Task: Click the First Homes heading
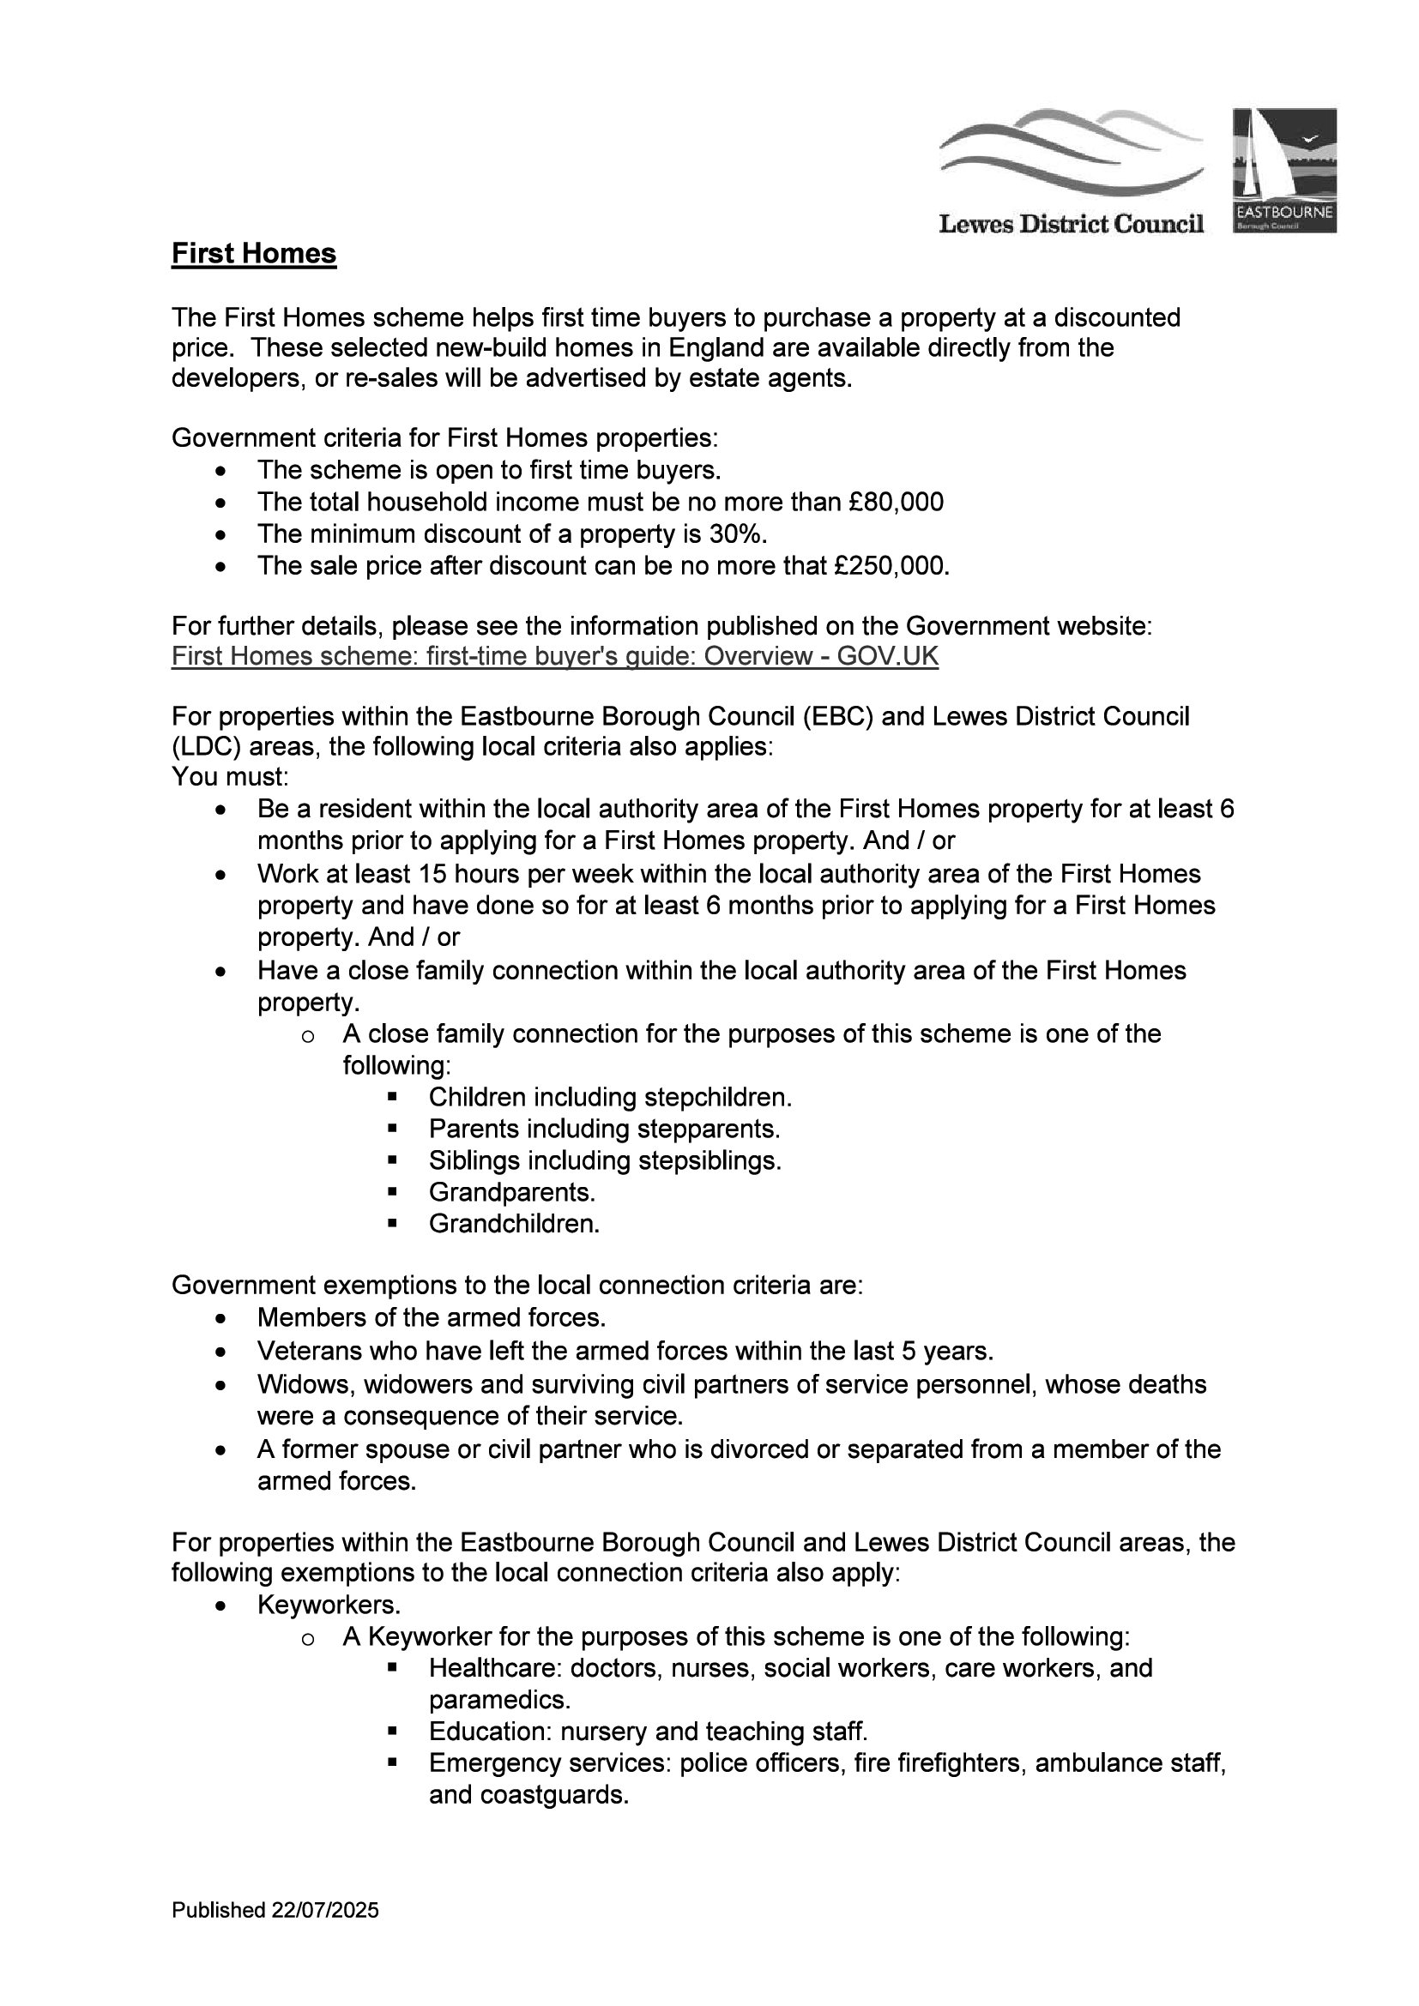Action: [253, 253]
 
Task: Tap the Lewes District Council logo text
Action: [1071, 225]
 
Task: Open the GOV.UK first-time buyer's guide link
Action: [554, 656]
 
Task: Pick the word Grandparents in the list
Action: [511, 1192]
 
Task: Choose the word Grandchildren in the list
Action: [514, 1224]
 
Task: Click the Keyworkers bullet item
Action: [329, 1605]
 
